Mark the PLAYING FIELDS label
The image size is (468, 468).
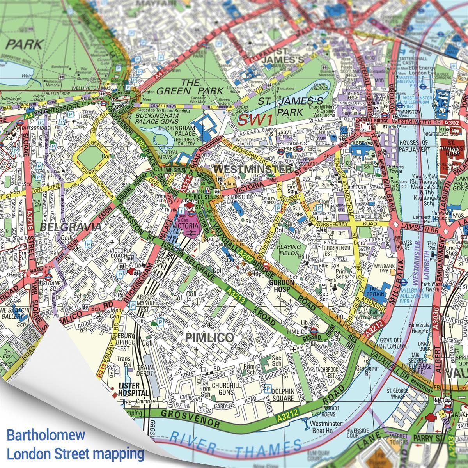click(289, 250)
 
